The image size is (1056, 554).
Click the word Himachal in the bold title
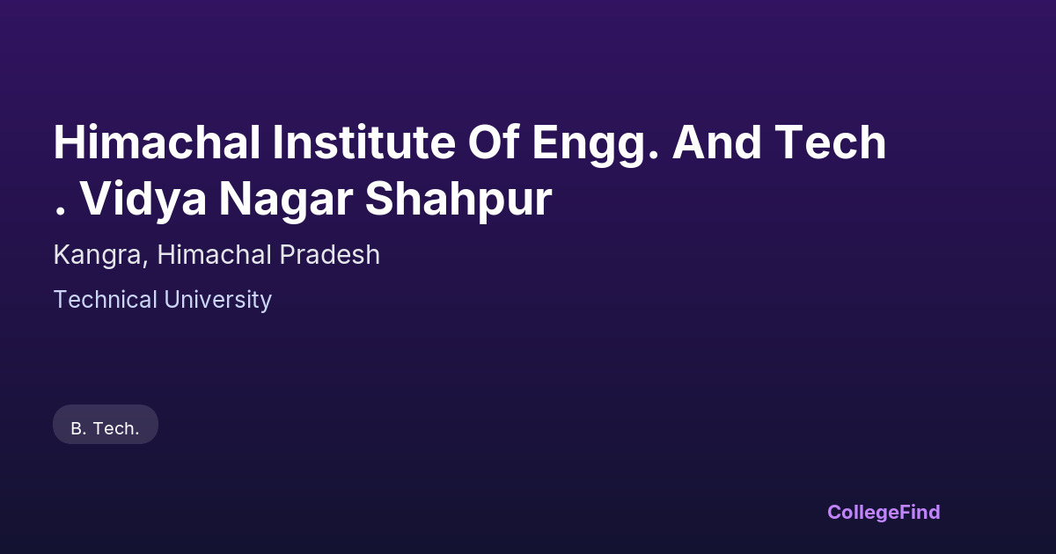157,142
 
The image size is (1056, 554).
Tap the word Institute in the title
364,142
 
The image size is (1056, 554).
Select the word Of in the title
494,142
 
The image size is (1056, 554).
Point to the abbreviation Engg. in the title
595,146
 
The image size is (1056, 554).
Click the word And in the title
716,142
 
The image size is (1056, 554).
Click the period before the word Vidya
60,212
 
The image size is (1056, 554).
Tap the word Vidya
143,200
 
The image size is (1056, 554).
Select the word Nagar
286,201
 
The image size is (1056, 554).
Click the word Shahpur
458,201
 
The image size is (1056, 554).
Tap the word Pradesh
329,254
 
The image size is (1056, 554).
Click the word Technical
106,300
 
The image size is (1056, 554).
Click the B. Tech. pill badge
106,425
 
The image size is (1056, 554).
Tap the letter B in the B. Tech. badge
77,429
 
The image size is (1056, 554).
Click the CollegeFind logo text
884,513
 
